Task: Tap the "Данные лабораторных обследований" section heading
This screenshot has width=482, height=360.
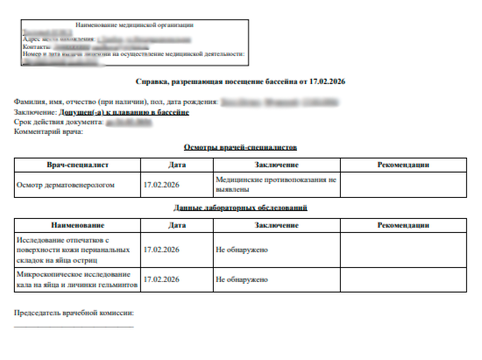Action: point(241,208)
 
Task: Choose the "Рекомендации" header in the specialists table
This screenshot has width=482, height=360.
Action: point(402,165)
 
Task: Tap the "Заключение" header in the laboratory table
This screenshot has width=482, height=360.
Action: point(275,225)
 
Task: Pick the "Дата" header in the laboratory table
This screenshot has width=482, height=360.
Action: point(176,225)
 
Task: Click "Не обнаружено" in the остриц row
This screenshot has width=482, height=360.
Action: point(241,249)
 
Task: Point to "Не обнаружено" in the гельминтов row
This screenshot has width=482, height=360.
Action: point(241,279)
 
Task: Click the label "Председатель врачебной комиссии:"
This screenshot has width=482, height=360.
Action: point(73,313)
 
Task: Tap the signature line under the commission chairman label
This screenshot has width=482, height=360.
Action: point(74,327)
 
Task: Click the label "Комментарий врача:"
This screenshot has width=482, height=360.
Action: point(48,131)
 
